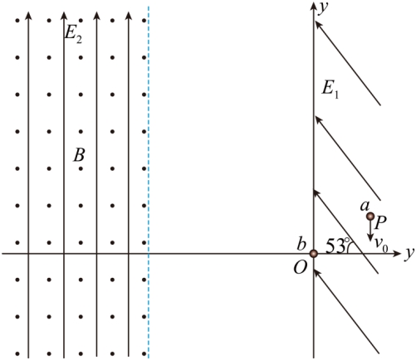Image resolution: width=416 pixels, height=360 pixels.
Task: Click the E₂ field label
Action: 73,34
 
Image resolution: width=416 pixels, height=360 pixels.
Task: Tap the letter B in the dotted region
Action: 79,155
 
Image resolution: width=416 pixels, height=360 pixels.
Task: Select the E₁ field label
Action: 330,90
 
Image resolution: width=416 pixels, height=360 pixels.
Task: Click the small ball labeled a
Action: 370,216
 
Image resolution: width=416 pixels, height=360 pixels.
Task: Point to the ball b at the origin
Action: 313,253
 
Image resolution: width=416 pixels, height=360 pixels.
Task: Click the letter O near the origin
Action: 301,267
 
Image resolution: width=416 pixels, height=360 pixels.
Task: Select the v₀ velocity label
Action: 381,245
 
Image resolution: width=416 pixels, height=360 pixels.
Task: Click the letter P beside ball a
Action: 380,223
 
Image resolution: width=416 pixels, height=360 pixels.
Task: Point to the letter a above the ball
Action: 365,206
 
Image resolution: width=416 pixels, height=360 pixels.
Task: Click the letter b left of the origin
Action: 301,244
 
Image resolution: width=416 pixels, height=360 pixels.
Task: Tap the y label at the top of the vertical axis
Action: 323,7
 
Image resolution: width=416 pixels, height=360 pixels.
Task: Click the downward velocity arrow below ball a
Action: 370,231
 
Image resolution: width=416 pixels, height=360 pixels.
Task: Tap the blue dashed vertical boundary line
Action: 149,182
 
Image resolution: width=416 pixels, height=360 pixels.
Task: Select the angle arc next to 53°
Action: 349,246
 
